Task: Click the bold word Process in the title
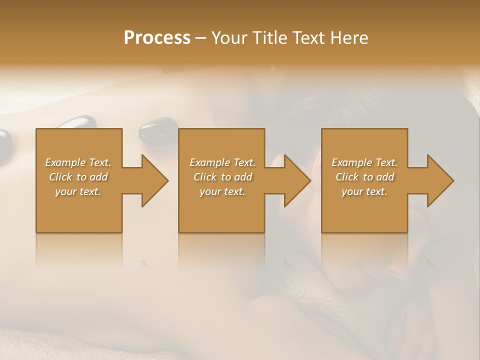coord(157,38)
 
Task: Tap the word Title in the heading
coord(270,38)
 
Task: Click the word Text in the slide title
coord(309,38)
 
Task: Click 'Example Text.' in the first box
coord(78,162)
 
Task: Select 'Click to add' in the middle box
coord(222,177)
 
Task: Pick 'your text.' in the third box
coord(364,191)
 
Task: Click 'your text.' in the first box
coord(78,191)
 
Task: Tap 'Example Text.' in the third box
coord(364,162)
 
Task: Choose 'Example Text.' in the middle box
coord(222,162)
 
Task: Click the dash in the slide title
coord(201,38)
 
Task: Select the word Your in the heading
coord(230,38)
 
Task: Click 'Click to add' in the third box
coord(364,177)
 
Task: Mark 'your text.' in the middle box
coord(222,191)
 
